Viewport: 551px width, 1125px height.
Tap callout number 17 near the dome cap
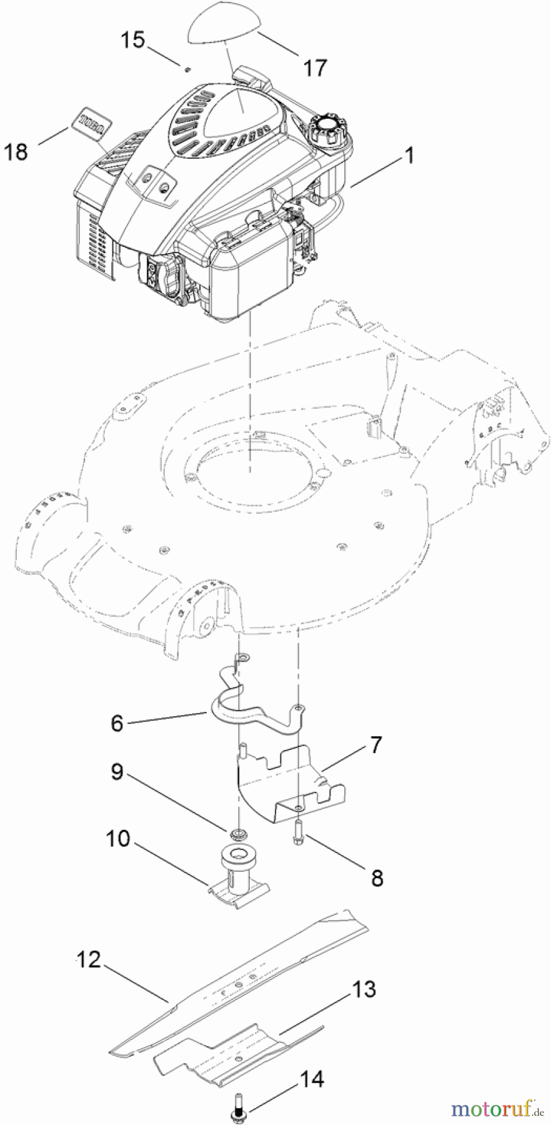pos(315,67)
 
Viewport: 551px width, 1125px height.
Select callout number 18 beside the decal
pos(17,151)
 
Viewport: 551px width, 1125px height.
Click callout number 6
pos(117,723)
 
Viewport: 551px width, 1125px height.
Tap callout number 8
pos(377,877)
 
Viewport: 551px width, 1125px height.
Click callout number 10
pos(118,838)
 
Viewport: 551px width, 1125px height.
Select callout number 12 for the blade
pos(89,959)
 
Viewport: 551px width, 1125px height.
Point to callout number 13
pos(364,989)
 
